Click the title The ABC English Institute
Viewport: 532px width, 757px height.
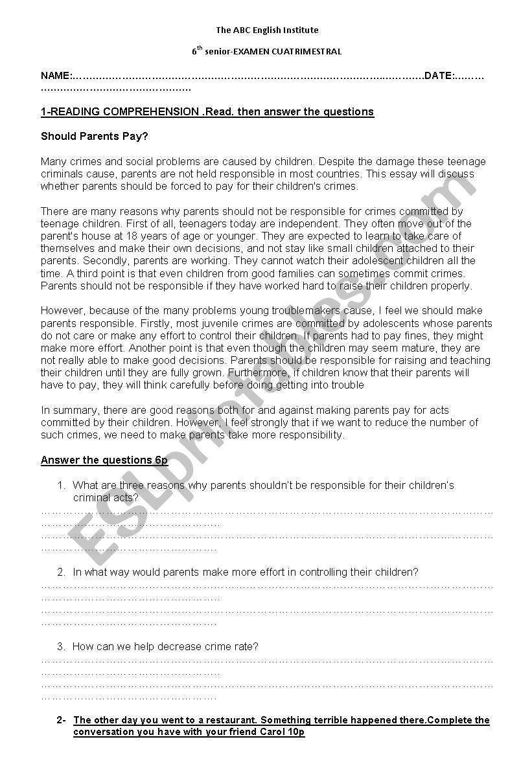267,30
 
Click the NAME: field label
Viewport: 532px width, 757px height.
56,76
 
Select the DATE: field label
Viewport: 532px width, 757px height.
439,76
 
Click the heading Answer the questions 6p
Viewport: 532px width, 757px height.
104,460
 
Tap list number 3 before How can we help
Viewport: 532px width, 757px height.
61,646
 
